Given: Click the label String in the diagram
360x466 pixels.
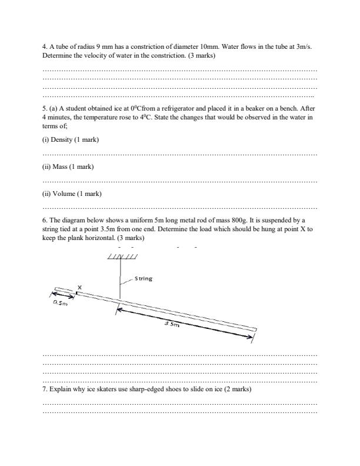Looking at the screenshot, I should tap(144, 278).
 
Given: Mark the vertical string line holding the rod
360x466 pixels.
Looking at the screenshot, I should tap(120, 279).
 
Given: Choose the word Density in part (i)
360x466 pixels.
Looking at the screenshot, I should tap(62, 139).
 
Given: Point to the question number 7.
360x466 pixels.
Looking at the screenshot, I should tap(45, 390).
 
